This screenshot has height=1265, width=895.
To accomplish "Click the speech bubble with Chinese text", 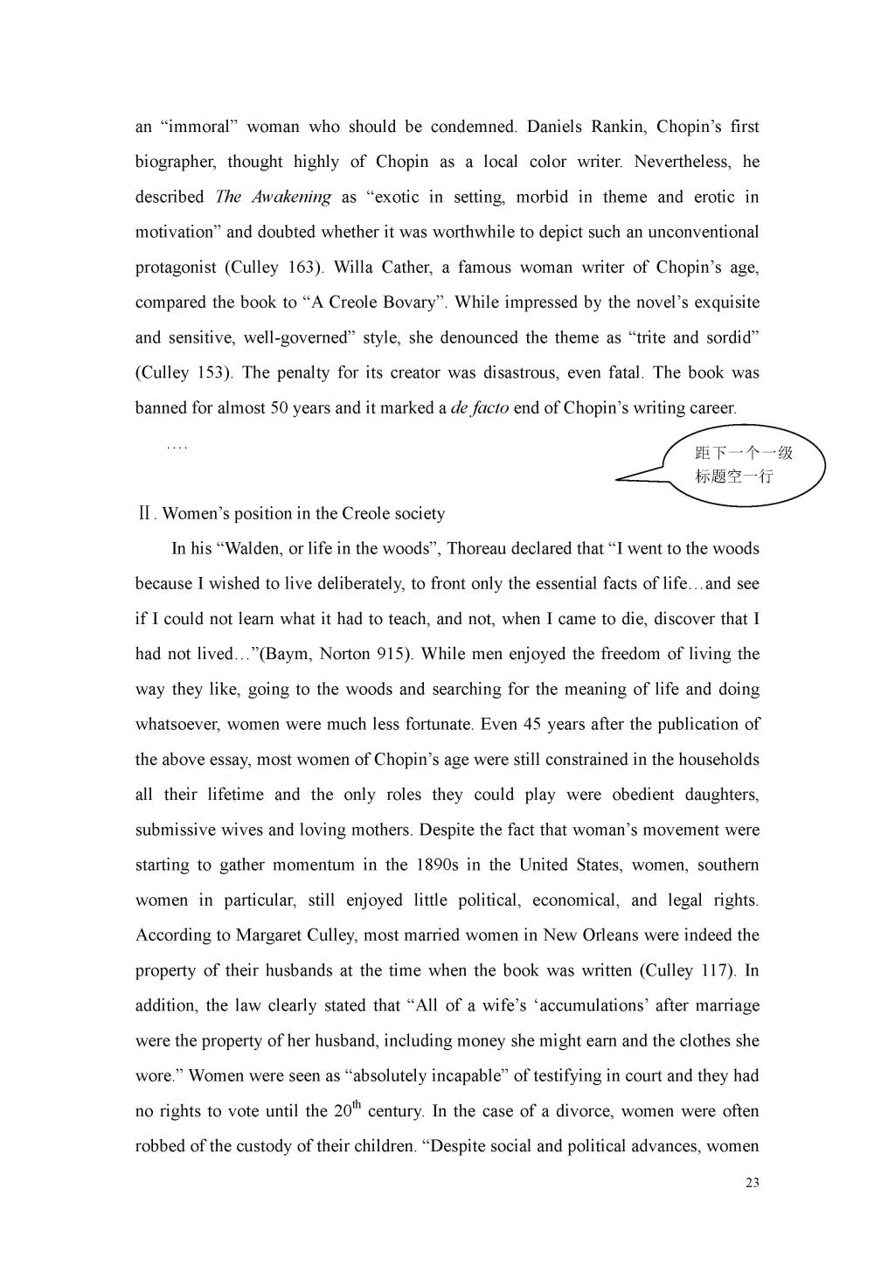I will (743, 464).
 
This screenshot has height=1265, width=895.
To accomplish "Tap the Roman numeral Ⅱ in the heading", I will (144, 514).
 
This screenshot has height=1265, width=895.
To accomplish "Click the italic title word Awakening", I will (291, 197).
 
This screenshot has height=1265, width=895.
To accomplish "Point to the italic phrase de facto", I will (479, 408).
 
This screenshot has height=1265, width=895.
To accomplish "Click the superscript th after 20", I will (357, 1105).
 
